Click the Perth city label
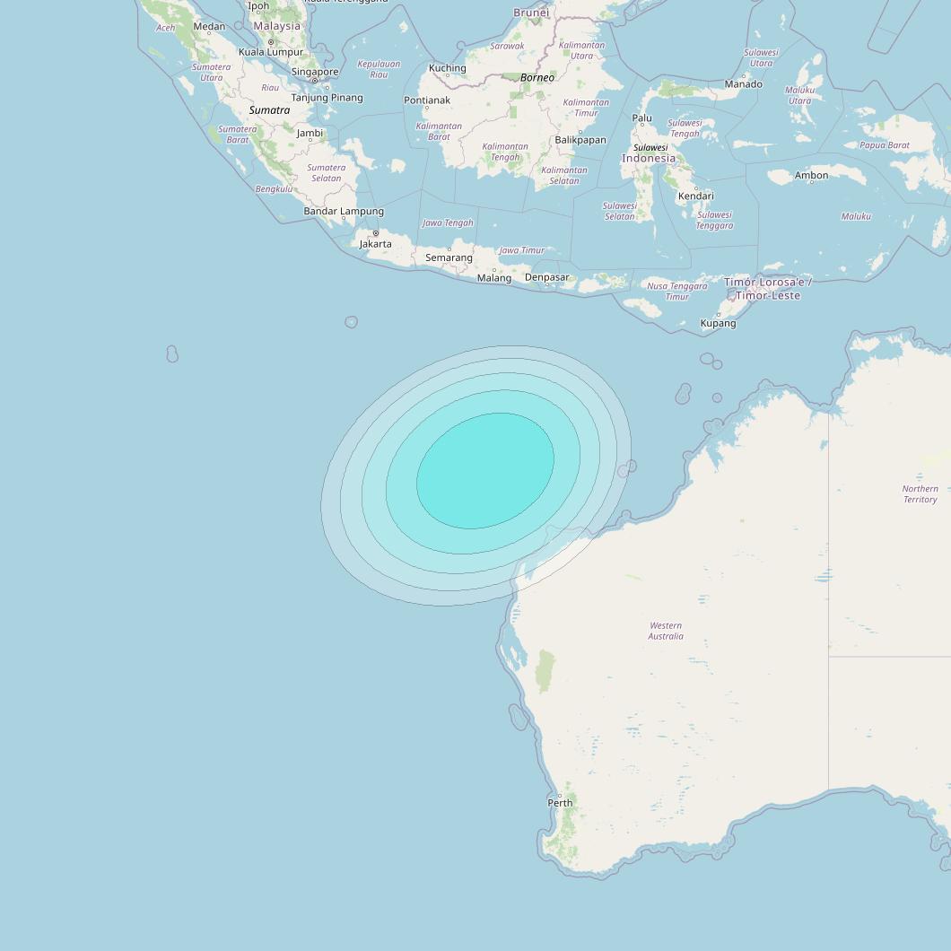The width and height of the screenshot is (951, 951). tap(560, 802)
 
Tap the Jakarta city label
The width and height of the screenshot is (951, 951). tap(375, 243)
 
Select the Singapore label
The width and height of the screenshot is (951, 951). tap(315, 72)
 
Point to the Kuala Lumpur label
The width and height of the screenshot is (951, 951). tap(271, 52)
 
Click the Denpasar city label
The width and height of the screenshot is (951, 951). tap(546, 277)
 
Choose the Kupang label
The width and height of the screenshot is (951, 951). tap(718, 323)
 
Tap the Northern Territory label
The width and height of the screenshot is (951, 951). tap(920, 494)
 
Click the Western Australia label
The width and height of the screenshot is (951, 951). tap(666, 631)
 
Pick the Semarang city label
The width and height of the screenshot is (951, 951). tap(449, 257)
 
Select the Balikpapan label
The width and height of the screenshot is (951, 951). tap(580, 140)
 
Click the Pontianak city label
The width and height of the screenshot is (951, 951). tap(427, 100)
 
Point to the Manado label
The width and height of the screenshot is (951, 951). tap(744, 84)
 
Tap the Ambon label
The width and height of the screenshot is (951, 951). tap(811, 175)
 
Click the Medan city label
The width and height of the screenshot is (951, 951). tap(209, 26)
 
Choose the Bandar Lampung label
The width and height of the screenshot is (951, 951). tap(344, 212)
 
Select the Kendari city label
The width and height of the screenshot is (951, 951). tap(696, 196)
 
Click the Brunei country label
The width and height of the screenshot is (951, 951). tap(531, 13)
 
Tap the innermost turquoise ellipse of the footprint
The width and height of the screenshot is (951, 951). tap(485, 470)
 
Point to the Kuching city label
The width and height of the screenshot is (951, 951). tap(447, 68)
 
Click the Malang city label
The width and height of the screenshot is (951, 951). tap(494, 277)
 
